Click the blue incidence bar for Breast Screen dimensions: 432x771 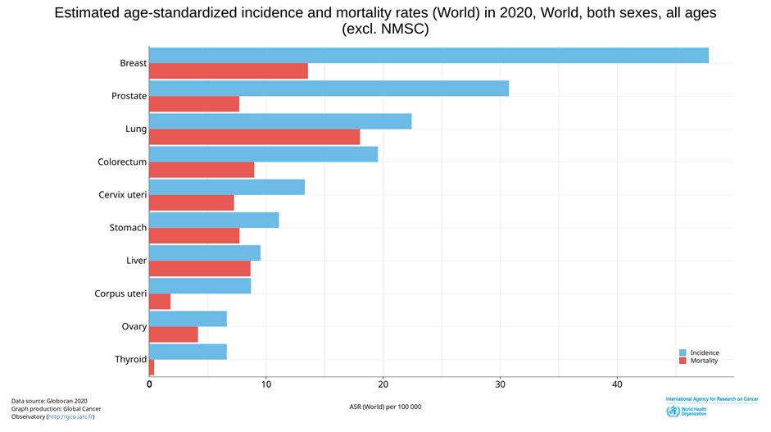[x=429, y=55]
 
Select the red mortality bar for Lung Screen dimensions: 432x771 [x=254, y=137]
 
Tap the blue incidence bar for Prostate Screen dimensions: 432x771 [x=329, y=88]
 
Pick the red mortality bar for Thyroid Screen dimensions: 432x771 [x=152, y=367]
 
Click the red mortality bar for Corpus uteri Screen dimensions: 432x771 [x=160, y=302]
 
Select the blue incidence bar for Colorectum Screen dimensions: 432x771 [x=263, y=154]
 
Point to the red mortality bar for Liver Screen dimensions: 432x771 [x=200, y=269]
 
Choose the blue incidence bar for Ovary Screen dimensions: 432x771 [x=188, y=319]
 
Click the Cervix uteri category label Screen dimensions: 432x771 [x=122, y=194]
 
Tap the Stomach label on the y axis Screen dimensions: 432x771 [x=128, y=227]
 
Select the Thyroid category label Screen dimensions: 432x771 [x=130, y=359]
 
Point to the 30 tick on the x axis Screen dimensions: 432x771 [x=500, y=384]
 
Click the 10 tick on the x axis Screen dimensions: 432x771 [x=266, y=384]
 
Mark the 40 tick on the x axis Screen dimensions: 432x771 [x=617, y=384]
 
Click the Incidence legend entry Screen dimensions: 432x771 [x=704, y=352]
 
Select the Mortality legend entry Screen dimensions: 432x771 [x=704, y=361]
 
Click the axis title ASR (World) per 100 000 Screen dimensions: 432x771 [x=385, y=407]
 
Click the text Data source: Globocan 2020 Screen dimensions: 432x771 [x=49, y=401]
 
